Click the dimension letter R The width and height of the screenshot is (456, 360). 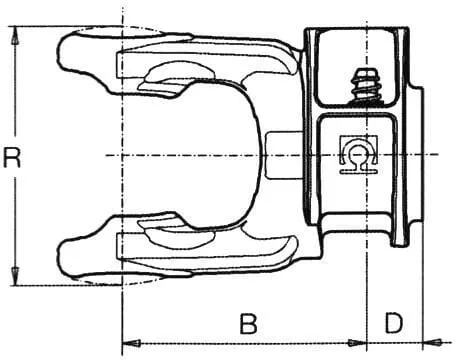12,158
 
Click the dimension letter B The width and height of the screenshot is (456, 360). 249,324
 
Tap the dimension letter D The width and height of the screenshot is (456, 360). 394,323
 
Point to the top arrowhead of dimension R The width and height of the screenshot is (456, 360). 15,35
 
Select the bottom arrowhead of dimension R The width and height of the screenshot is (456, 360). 15,276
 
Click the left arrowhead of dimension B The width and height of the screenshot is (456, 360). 132,343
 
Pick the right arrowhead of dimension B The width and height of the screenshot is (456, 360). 357,343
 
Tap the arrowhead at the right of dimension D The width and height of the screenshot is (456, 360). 432,342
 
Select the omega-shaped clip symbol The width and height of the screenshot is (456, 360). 358,154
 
